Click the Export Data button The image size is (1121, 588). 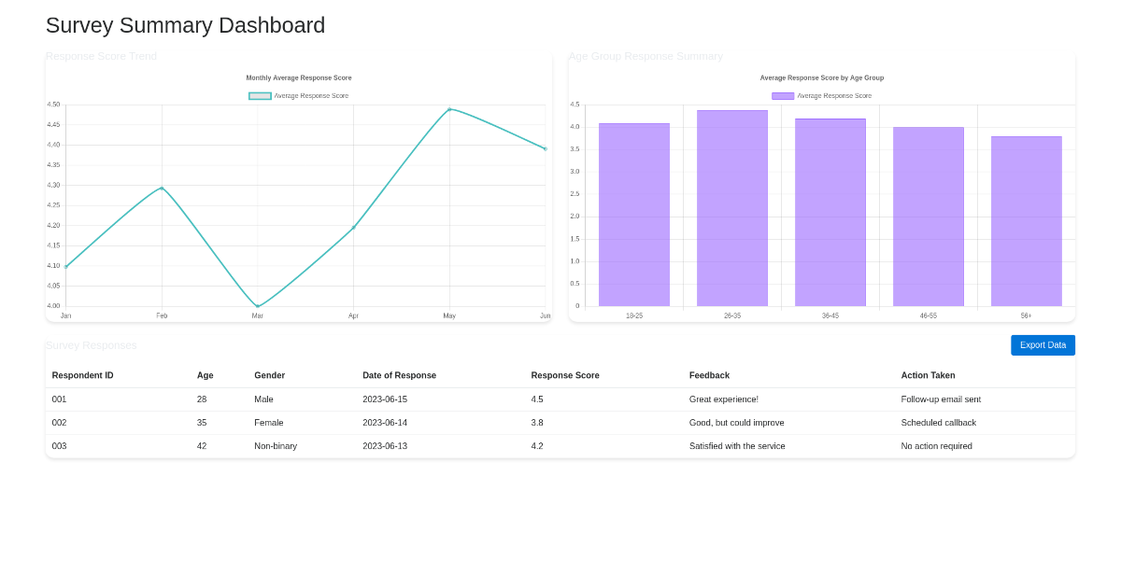tap(1043, 345)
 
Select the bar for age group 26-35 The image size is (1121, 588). tap(732, 208)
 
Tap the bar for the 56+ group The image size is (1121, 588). tap(1026, 221)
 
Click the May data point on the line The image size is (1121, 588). tap(449, 109)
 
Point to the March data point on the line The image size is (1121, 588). tap(258, 306)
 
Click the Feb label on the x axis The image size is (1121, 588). tap(162, 315)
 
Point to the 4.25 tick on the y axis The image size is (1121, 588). tap(53, 205)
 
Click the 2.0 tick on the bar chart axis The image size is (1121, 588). tap(575, 217)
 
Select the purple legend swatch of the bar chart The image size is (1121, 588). tap(783, 96)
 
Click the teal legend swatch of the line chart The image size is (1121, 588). tap(260, 96)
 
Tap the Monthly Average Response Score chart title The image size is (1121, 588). tap(299, 78)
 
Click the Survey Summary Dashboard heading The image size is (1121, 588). tap(185, 25)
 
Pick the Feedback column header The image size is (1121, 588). tap(709, 375)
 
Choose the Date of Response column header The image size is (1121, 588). tap(399, 375)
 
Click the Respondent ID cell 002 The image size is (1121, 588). tap(60, 423)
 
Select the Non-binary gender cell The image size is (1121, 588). tap(276, 446)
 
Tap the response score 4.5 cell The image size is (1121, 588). tap(537, 399)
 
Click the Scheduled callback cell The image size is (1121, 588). tap(938, 423)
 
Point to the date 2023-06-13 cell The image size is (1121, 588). tap(385, 446)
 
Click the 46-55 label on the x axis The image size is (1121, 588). tap(928, 315)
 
